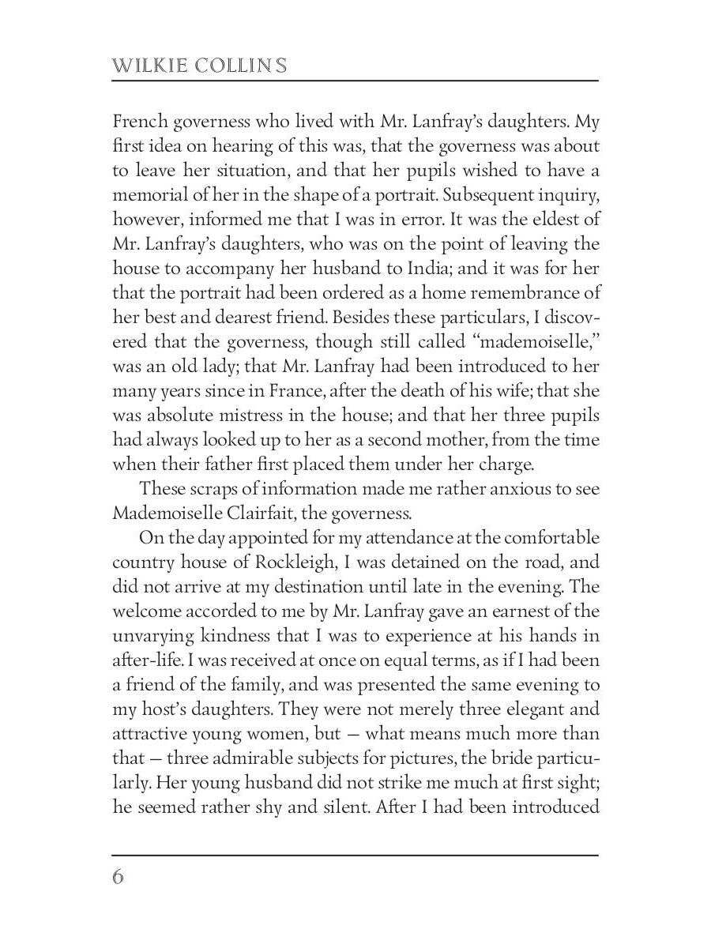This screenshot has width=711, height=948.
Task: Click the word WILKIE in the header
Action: click(x=145, y=65)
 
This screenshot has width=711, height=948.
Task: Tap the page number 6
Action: click(x=118, y=877)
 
